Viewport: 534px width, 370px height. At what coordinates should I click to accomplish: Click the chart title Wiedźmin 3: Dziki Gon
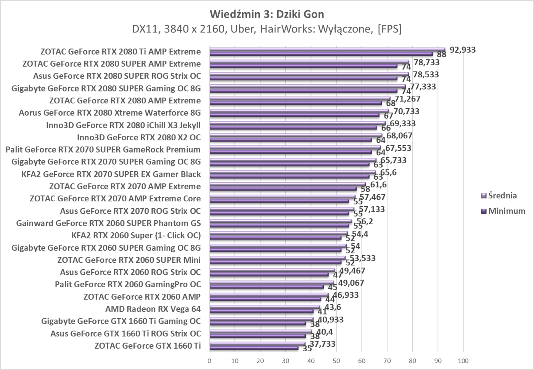267,14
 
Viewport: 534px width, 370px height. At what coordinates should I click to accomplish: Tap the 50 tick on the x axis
336,360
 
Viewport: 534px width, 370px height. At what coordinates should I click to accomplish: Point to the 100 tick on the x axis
463,360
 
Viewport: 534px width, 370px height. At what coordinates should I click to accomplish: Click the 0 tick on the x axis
209,360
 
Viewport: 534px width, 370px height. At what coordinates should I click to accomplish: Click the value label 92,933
463,50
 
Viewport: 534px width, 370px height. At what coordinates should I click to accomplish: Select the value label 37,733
322,344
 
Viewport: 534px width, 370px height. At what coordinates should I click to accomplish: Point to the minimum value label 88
441,55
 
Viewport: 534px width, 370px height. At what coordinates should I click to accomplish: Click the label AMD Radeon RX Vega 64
153,309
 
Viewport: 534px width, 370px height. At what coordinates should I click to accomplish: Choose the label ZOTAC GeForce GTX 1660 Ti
147,346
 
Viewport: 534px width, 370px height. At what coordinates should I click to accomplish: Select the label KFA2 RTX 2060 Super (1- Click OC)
136,235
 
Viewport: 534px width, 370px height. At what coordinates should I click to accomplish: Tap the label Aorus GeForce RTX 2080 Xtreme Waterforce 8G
109,113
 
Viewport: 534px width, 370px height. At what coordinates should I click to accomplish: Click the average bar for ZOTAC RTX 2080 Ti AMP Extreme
327,49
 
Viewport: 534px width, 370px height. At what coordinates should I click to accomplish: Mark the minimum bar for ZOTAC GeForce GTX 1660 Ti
254,348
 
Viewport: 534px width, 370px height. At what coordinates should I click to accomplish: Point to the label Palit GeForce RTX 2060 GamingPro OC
128,284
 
